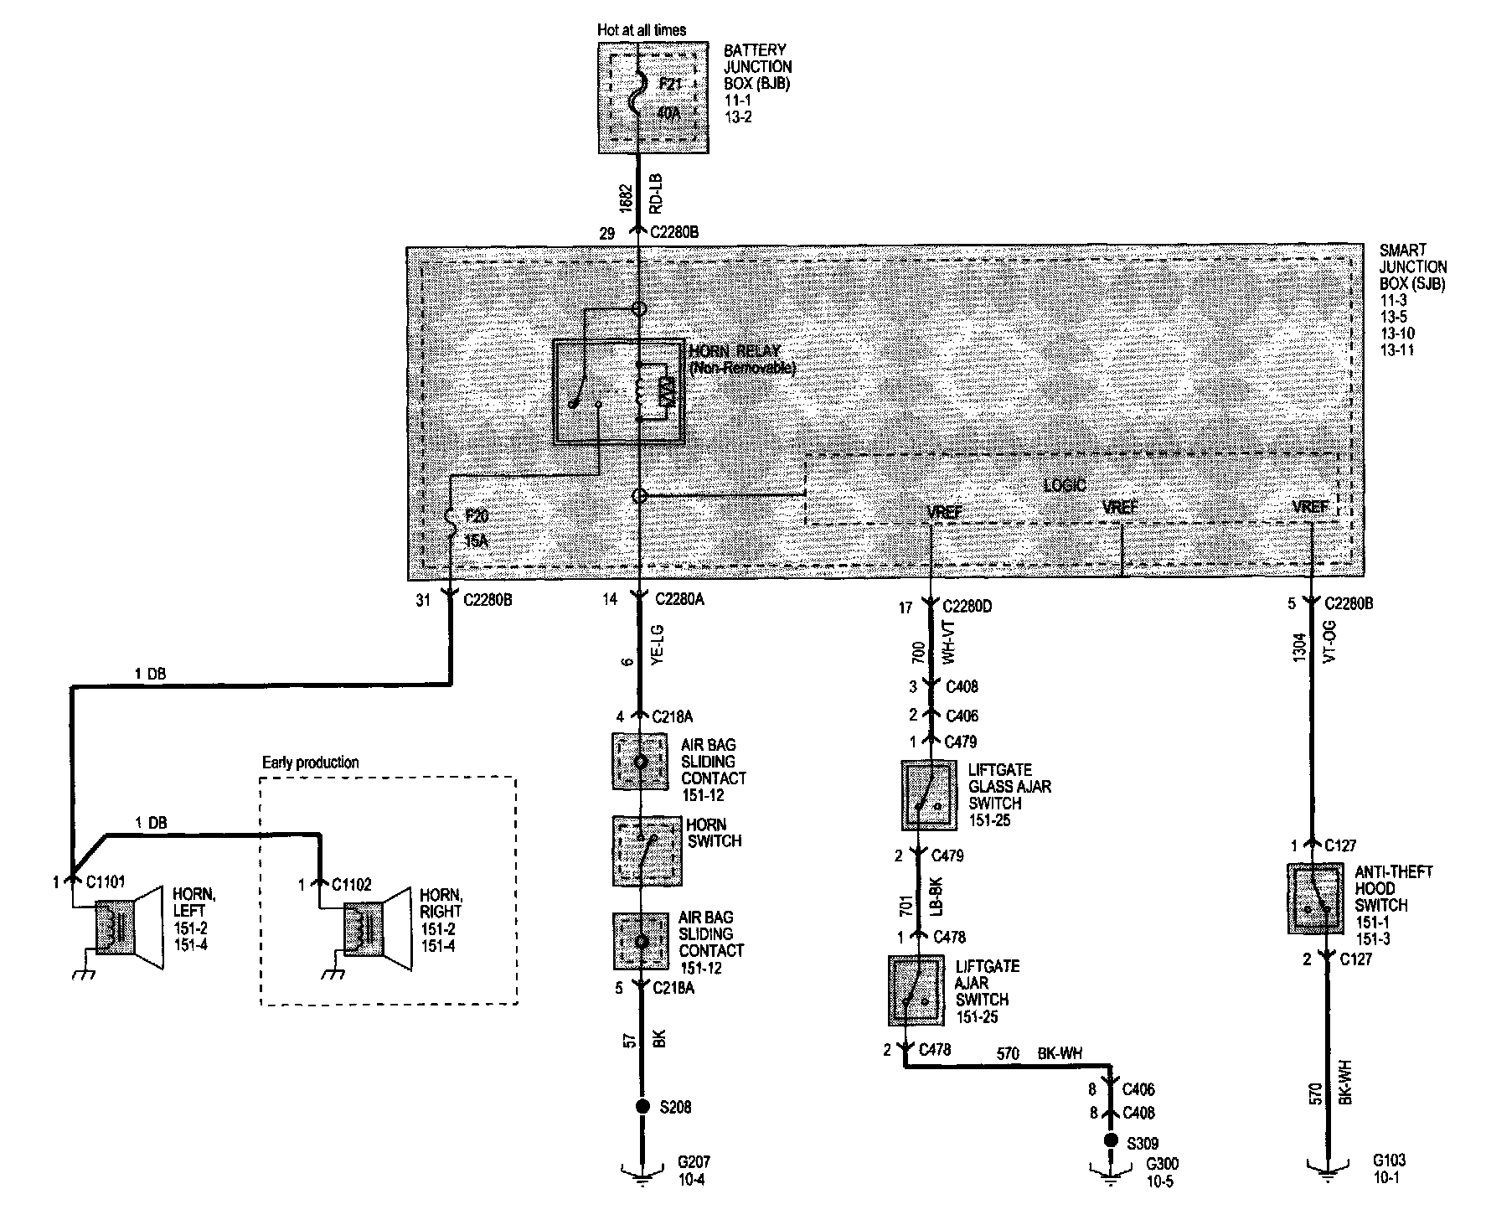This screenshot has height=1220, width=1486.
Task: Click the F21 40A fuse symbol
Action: (x=639, y=98)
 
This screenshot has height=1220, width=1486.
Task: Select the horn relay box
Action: (x=618, y=390)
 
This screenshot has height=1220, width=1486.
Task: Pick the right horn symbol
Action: (x=377, y=929)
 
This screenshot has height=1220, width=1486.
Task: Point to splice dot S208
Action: (x=642, y=1107)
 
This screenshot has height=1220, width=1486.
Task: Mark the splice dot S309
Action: (x=1111, y=1140)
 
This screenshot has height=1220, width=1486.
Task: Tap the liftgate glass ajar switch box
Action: (x=929, y=795)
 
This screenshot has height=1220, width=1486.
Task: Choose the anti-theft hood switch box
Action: (x=1315, y=899)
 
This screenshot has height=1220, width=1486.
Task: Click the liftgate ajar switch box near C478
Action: (x=916, y=991)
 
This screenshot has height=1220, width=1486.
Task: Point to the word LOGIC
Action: (x=1065, y=485)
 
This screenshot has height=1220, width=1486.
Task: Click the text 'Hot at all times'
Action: (x=642, y=30)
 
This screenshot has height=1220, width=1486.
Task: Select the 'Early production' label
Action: (x=310, y=762)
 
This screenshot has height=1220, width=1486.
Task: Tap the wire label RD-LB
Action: (x=656, y=192)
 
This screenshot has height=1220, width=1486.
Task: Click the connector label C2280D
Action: (x=967, y=607)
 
